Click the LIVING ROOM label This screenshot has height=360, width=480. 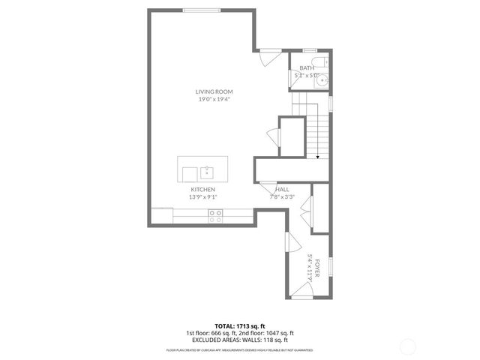pyautogui.click(x=214, y=91)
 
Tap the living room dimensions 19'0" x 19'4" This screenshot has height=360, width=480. pyautogui.click(x=214, y=99)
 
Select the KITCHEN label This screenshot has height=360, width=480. pyautogui.click(x=203, y=190)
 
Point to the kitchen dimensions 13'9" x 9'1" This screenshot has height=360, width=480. pyautogui.click(x=203, y=197)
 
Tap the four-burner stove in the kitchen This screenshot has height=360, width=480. pyautogui.click(x=215, y=217)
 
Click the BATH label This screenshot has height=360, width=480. pyautogui.click(x=307, y=68)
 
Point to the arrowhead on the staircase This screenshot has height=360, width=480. pyautogui.click(x=318, y=157)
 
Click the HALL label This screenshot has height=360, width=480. pyautogui.click(x=282, y=190)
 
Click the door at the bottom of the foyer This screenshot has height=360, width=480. pyautogui.click(x=301, y=297)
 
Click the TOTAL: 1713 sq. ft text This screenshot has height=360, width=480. pyautogui.click(x=239, y=326)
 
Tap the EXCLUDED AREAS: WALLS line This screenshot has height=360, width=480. pyautogui.click(x=239, y=340)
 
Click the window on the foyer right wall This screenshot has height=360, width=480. pyautogui.click(x=331, y=265)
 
